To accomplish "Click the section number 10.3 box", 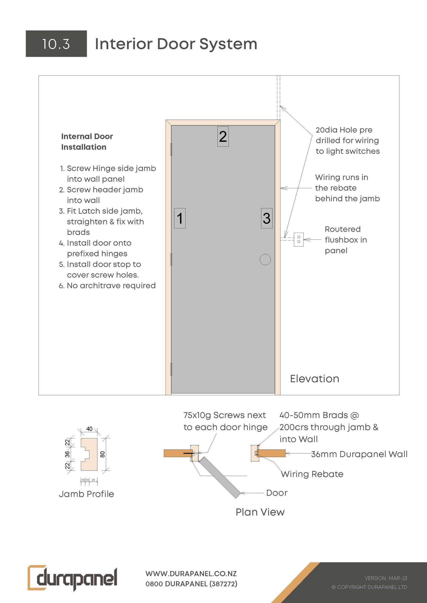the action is pyautogui.click(x=56, y=44).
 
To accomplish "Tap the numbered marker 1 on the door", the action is pyautogui.click(x=180, y=218).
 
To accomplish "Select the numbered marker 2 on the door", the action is pyautogui.click(x=223, y=137).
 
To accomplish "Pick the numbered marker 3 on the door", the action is pyautogui.click(x=267, y=218).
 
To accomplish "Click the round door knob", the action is pyautogui.click(x=265, y=260).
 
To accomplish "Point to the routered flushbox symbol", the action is pyautogui.click(x=299, y=240).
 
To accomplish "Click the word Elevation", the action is pyautogui.click(x=315, y=379).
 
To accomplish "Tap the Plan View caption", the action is pyautogui.click(x=260, y=512).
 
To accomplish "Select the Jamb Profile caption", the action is pyautogui.click(x=86, y=494).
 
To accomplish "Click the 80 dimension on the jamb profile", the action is pyautogui.click(x=103, y=454).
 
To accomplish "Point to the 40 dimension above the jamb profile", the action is pyautogui.click(x=89, y=429).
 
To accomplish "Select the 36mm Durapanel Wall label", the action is pyautogui.click(x=359, y=454).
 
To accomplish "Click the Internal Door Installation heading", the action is pyautogui.click(x=87, y=142).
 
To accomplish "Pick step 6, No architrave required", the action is pyautogui.click(x=107, y=285).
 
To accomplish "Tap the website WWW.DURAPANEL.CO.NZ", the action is pyautogui.click(x=191, y=574).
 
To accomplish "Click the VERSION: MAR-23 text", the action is pyautogui.click(x=386, y=578).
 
